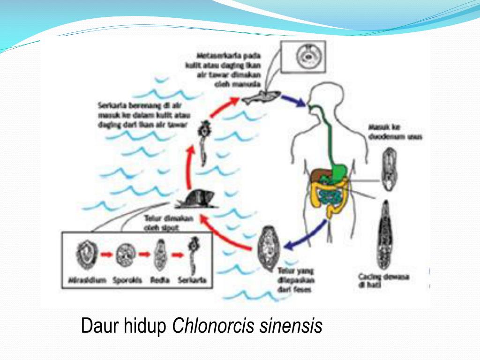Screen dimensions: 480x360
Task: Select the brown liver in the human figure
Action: [321, 174]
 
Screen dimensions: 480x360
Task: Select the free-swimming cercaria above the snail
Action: [204, 143]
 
